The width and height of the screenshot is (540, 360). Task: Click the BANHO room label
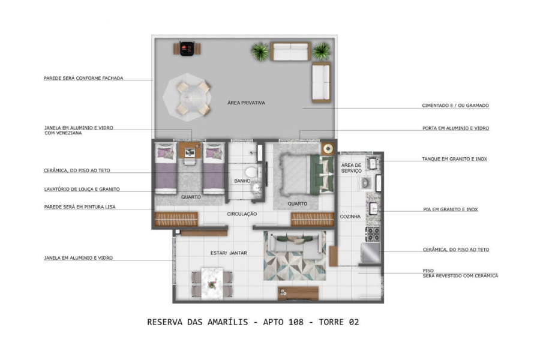coord(242,181)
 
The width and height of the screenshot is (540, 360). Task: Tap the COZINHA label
coord(350,217)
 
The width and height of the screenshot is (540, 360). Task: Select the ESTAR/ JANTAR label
coord(229,253)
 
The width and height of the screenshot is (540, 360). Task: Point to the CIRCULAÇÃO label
coord(242,214)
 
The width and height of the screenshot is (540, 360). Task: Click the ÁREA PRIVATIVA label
coord(246,103)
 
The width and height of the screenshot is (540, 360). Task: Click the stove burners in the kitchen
coord(373,234)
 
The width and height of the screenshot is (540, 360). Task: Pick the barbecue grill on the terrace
coord(187,49)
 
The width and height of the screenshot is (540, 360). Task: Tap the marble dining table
coord(212,283)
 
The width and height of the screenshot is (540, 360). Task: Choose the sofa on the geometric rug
coord(295,245)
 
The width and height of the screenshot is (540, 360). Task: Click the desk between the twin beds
coord(190,151)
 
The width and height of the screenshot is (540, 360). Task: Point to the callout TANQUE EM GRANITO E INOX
coord(455,159)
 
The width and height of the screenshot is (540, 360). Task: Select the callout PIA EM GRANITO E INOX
coord(451,209)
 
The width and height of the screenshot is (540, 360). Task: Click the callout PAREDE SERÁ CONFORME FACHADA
coord(83,78)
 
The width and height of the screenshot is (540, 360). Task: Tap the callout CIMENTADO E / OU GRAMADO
coord(455,106)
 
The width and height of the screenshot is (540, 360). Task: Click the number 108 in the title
coord(296,322)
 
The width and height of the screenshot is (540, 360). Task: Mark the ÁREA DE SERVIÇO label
coord(351,168)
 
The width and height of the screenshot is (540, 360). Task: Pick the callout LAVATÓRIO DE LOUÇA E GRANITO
coord(82,189)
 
